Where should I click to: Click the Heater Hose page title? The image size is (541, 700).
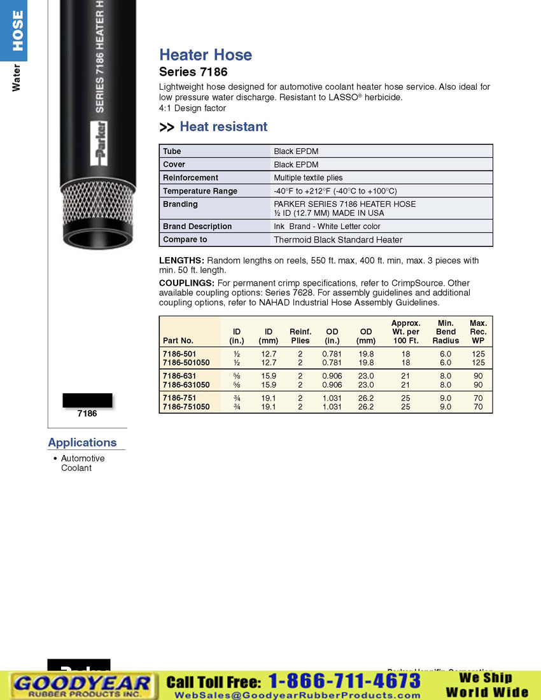click(x=206, y=55)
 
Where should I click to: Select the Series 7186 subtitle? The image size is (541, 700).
click(x=193, y=72)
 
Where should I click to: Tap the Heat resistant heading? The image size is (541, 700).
click(x=223, y=127)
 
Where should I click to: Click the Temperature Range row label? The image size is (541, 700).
click(x=200, y=191)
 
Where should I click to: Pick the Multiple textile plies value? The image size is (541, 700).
click(x=308, y=178)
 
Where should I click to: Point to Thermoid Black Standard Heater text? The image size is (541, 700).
click(x=338, y=240)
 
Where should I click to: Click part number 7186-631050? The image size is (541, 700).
click(x=186, y=385)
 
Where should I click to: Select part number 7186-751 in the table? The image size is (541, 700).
click(x=179, y=398)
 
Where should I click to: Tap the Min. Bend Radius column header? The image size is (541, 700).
click(x=446, y=332)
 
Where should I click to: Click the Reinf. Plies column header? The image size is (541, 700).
click(x=300, y=336)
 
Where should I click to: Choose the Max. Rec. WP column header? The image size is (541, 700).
click(x=478, y=332)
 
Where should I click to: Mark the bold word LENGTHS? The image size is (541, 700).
click(x=181, y=261)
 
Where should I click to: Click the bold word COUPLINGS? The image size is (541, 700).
click(x=186, y=283)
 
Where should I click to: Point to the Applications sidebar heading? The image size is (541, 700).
click(x=83, y=442)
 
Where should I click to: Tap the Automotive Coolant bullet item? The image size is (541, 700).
click(x=82, y=463)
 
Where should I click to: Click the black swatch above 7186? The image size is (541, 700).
click(x=87, y=400)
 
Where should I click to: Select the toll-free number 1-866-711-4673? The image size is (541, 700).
click(x=344, y=681)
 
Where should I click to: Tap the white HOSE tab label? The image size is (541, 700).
click(x=17, y=30)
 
